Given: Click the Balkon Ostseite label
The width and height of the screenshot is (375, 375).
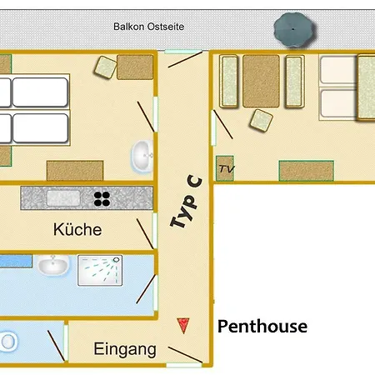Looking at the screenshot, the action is [x=149, y=27].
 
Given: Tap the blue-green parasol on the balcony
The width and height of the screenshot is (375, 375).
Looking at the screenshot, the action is [x=293, y=30].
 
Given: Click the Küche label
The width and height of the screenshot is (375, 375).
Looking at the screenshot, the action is [x=77, y=229].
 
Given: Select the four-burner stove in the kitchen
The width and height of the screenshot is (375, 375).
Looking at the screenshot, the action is [x=102, y=199].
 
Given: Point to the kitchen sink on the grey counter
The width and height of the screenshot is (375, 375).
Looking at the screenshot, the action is [x=63, y=197].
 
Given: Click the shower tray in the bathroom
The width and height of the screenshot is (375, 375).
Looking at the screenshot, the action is [x=100, y=270].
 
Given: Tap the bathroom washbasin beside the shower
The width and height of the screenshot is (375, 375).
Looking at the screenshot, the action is [x=52, y=265].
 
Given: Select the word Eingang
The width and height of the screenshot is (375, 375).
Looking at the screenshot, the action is [x=125, y=349].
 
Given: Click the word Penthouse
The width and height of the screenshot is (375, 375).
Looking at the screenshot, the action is [x=262, y=327].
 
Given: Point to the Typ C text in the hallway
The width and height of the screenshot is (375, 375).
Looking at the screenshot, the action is [x=186, y=202].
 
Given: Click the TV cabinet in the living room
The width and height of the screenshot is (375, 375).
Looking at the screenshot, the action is [x=225, y=168].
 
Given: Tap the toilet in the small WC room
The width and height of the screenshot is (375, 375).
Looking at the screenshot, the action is [x=8, y=341].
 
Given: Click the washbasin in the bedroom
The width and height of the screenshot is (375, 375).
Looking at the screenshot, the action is [x=142, y=156].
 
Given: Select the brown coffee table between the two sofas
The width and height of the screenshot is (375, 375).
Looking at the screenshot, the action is [x=261, y=81].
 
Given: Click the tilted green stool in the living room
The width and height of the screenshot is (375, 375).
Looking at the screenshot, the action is [x=261, y=121].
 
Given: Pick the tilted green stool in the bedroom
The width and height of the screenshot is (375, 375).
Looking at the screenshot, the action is [x=106, y=67].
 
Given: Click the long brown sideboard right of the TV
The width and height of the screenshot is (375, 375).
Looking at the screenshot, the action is [x=307, y=171].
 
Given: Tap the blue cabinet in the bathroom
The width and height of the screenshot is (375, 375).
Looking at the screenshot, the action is [x=16, y=262].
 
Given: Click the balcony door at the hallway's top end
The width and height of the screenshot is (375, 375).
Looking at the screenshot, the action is [x=183, y=52].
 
